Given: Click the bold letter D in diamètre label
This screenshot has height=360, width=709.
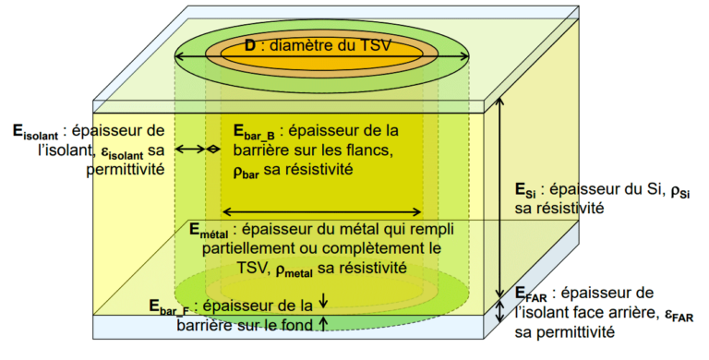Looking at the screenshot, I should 250,45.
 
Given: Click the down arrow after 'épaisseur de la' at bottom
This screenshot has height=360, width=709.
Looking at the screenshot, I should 323,301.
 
